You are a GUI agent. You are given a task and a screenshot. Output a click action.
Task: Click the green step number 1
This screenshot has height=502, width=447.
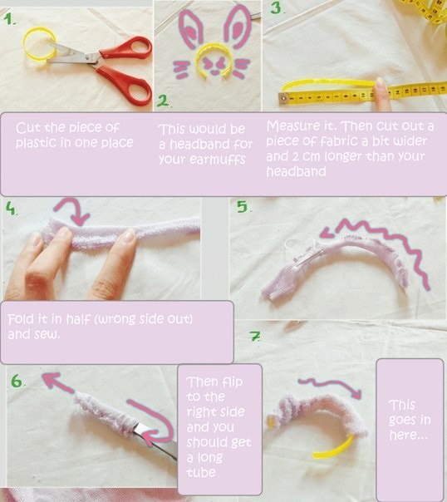[9, 19]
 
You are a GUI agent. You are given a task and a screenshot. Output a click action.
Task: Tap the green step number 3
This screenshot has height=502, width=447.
[277, 7]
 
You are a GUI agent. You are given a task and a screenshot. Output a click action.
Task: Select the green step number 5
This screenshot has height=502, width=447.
[243, 207]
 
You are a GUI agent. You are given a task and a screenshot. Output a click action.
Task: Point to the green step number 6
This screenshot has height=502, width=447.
[17, 381]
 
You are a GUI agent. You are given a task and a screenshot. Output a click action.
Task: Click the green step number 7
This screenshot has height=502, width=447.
[255, 336]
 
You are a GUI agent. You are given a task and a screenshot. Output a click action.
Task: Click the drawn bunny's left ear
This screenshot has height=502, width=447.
[193, 29]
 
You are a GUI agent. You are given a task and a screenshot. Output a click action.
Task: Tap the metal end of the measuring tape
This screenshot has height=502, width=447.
[284, 98]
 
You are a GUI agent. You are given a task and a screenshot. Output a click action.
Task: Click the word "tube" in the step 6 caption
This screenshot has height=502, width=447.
[201, 472]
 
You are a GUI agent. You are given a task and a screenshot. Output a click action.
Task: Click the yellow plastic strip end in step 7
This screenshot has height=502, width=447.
[334, 448]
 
